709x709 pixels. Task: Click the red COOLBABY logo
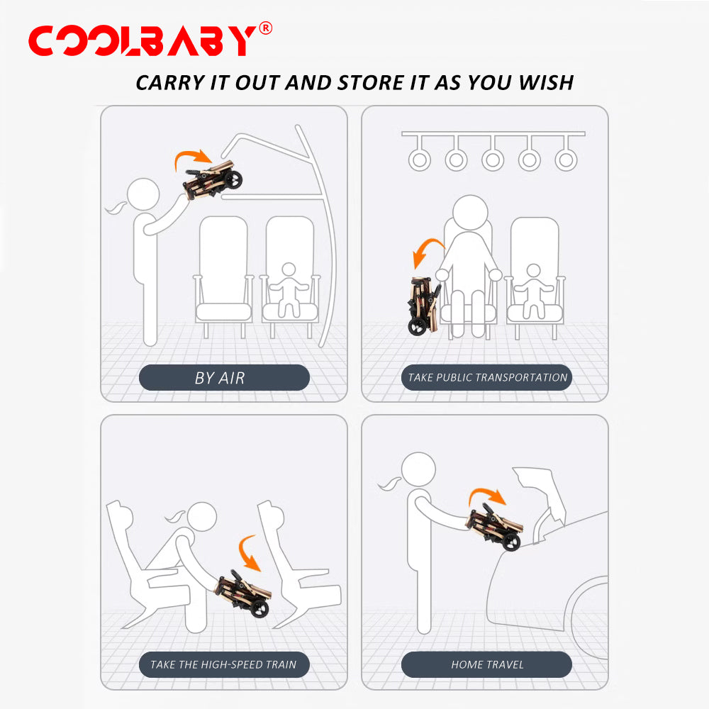(x=143, y=40)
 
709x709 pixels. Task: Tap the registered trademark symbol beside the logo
(x=266, y=28)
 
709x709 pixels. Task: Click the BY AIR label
(x=220, y=378)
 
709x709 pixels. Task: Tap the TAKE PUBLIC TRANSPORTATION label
(x=488, y=378)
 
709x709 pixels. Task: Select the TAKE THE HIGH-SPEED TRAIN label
(x=223, y=664)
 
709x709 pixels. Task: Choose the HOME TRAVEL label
(x=488, y=664)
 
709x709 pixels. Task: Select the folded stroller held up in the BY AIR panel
(x=213, y=180)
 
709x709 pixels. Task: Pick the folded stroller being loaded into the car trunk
(x=494, y=527)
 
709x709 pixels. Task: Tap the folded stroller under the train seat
(x=243, y=593)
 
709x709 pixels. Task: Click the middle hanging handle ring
(x=493, y=159)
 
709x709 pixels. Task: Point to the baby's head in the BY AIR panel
(x=289, y=270)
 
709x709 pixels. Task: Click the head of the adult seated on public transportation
(x=470, y=213)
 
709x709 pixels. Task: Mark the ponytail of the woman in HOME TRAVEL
(x=390, y=484)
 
